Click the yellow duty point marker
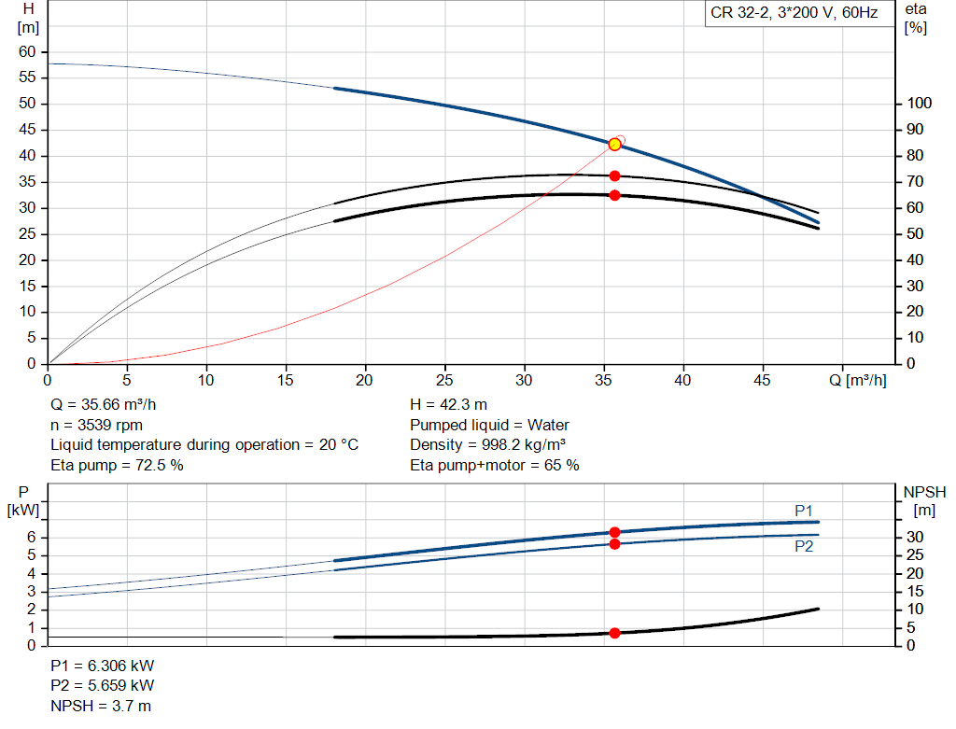[614, 145]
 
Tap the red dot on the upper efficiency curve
[614, 176]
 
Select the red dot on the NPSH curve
[614, 633]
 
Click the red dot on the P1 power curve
[614, 532]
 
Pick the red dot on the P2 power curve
[614, 543]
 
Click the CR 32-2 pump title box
[794, 13]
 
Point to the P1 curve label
[804, 511]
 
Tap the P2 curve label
[804, 546]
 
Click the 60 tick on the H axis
[27, 52]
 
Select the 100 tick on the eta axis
[919, 103]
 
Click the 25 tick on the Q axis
[444, 380]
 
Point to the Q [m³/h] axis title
[857, 380]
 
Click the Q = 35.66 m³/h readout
[103, 404]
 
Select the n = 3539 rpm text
[96, 425]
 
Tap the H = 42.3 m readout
[448, 404]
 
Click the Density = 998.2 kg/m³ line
[487, 445]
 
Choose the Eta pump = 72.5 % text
[117, 465]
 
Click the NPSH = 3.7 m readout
[101, 706]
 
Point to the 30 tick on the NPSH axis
[915, 537]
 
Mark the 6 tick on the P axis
[31, 537]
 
